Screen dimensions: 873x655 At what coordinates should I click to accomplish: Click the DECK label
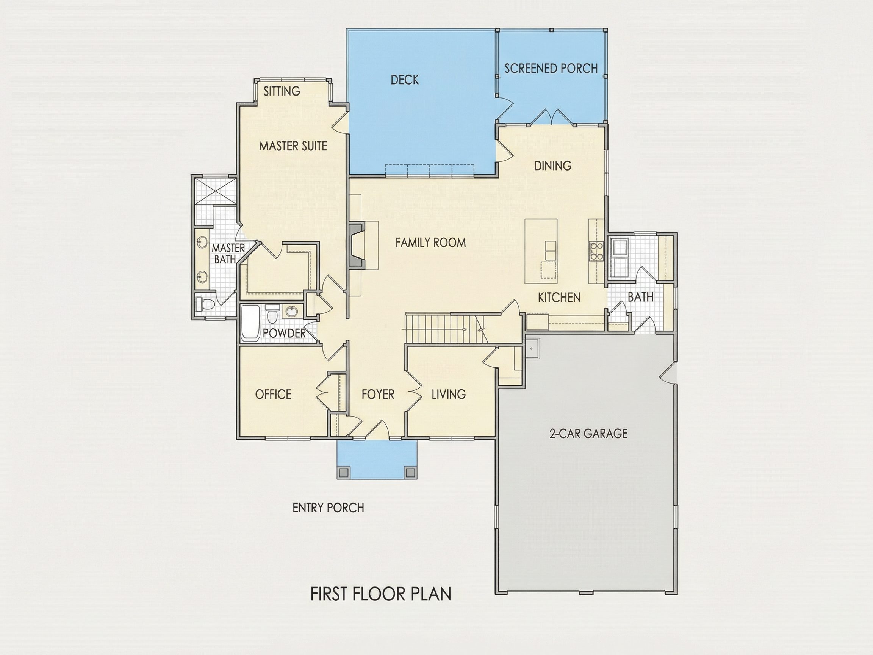405,80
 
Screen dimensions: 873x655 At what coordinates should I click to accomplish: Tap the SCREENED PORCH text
551,68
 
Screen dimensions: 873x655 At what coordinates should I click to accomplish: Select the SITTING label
282,91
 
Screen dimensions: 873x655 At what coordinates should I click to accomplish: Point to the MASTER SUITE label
293,146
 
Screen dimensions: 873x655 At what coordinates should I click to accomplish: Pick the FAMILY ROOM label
430,243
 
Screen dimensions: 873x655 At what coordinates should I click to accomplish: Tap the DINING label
552,166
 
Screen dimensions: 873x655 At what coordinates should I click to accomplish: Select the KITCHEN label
559,297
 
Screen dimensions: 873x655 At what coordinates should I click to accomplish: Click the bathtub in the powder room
250,323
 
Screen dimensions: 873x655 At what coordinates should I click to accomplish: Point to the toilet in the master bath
205,304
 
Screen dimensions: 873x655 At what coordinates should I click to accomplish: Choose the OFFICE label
273,394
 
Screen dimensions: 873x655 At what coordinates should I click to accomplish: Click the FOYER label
378,394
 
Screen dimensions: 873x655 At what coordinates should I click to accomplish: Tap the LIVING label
449,394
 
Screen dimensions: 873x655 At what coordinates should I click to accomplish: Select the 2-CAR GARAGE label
588,434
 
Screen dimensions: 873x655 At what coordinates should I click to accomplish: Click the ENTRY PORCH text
329,508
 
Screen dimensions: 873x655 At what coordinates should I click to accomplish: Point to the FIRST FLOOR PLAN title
381,594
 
